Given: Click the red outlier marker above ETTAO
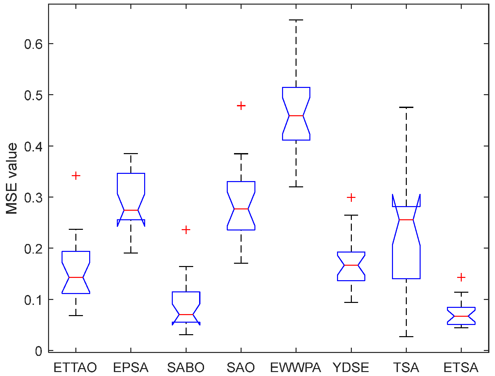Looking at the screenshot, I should (76, 176).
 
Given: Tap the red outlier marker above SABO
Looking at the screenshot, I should (186, 230).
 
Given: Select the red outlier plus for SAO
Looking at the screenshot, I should (241, 106).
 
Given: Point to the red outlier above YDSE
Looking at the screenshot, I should (351, 198).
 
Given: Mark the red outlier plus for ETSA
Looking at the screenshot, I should (461, 278).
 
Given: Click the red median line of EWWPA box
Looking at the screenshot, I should (296, 116).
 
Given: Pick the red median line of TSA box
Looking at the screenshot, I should (406, 220).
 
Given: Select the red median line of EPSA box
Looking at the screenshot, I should (131, 210).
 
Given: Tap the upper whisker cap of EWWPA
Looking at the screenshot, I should (296, 20).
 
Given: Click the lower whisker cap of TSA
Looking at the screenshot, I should (406, 336).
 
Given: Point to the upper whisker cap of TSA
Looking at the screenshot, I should (406, 107).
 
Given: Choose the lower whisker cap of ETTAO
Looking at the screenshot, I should (76, 315).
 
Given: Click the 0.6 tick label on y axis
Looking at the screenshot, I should (34, 44).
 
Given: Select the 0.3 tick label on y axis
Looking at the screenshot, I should (34, 197).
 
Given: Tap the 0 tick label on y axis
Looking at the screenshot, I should (39, 351).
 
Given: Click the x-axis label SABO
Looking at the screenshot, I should (186, 367).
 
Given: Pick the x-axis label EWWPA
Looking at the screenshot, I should (296, 367).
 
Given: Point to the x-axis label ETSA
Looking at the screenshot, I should (461, 367).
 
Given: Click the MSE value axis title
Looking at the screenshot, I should (12, 179).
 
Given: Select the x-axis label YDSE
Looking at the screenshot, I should (351, 367).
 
